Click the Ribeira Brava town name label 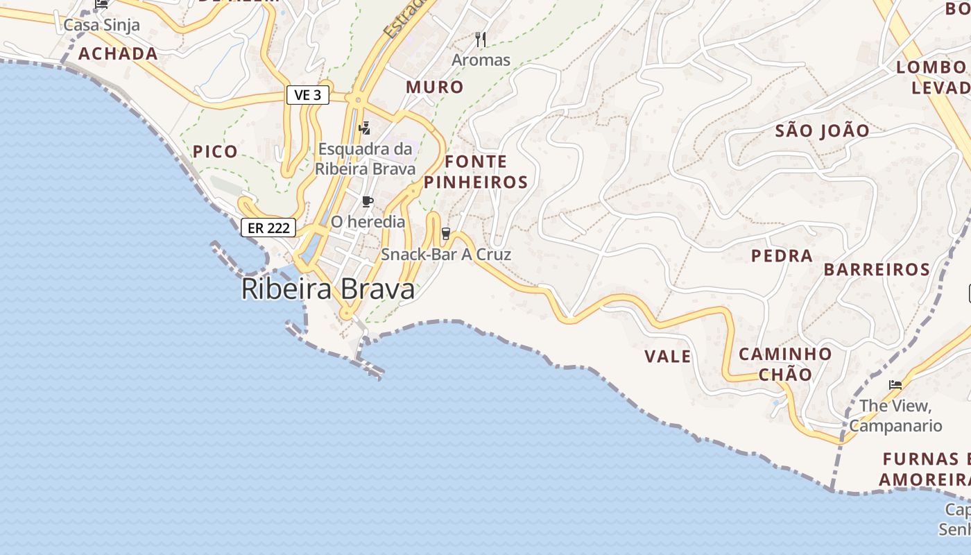coord(328,289)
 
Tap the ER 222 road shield coord(268,228)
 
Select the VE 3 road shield coord(307,95)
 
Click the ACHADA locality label coord(118,53)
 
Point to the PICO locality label coord(215,151)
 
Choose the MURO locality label coord(435,87)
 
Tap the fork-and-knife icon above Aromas coord(480,40)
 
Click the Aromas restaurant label coord(481,60)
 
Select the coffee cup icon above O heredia coord(368,202)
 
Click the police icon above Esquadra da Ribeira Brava coord(365,128)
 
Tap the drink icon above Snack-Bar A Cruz coord(446,234)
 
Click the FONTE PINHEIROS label coord(476,172)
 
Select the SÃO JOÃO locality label coord(822,130)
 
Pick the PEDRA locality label coord(782,256)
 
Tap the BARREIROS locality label coord(877,270)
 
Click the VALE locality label coord(668,357)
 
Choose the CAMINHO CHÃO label coord(785,364)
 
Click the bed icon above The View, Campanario coord(895,384)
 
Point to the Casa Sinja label coord(102,26)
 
